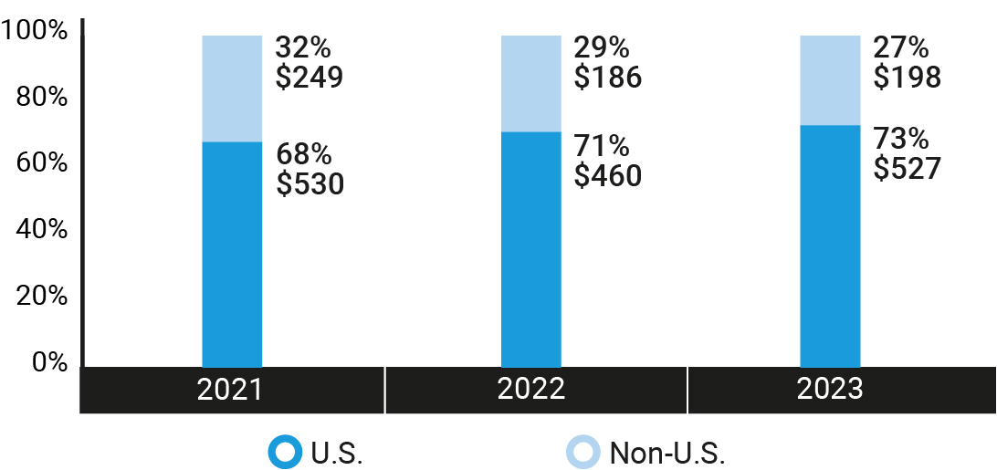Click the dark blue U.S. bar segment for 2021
[232, 255]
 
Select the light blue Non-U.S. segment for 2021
[232, 89]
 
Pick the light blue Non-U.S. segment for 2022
[531, 84]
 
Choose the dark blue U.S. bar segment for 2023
[830, 246]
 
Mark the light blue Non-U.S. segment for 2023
[830, 80]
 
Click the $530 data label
[310, 183]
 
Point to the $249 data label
[310, 78]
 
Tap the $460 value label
[608, 174]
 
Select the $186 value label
[608, 78]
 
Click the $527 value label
[907, 168]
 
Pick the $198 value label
[907, 78]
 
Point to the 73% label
[901, 140]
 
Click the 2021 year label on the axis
[230, 390]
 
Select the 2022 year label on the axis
[531, 390]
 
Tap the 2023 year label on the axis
[830, 390]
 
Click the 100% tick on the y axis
[36, 31]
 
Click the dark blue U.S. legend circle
[284, 452]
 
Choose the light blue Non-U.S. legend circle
[583, 452]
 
